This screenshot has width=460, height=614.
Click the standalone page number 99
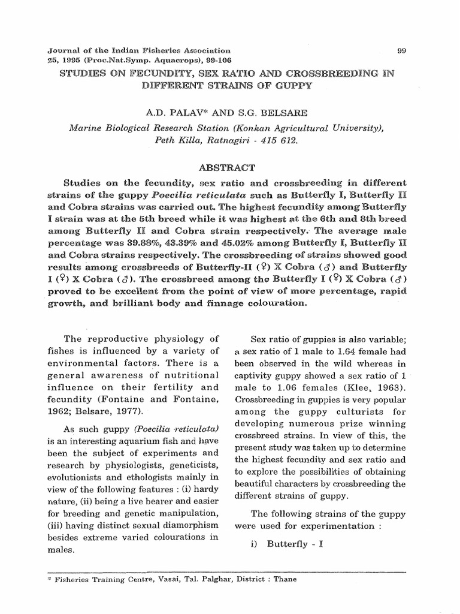[x=401, y=51]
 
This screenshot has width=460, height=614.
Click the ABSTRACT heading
[x=229, y=167]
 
